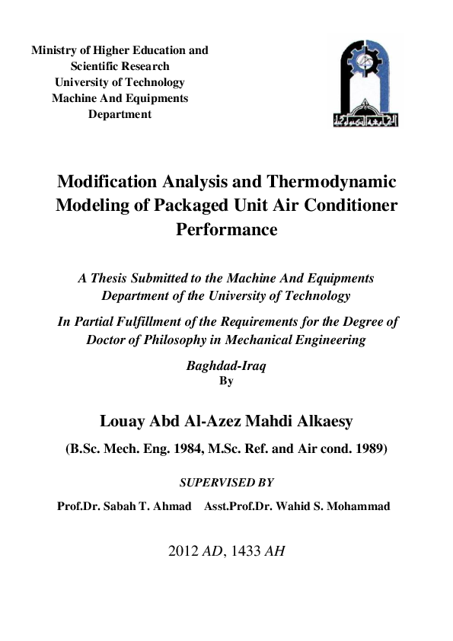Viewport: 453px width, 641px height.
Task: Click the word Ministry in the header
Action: coord(53,50)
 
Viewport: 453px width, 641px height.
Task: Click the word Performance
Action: coord(227,228)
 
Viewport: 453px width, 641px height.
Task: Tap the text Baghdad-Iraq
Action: coord(226,365)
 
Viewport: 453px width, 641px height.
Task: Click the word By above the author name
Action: coord(226,381)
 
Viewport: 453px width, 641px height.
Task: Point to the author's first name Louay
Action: coord(122,421)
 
